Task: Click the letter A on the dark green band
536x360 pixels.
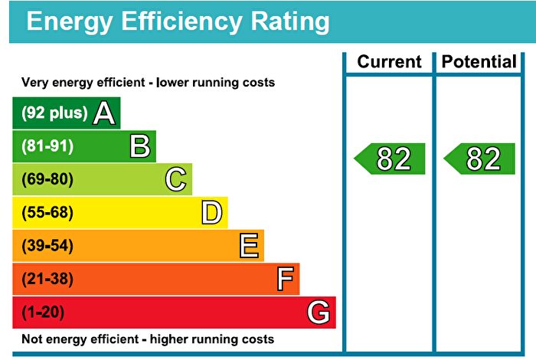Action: (104, 113)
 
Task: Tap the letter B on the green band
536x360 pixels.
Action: (139, 146)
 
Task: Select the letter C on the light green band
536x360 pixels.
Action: (175, 180)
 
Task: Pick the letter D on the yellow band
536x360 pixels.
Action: (212, 213)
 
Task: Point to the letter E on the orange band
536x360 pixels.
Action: (248, 246)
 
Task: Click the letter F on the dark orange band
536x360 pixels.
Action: (285, 280)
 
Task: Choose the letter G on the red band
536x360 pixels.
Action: (319, 313)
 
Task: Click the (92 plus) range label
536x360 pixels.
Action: (54, 113)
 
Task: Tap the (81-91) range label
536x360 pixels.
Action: (47, 146)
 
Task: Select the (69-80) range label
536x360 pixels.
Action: (47, 180)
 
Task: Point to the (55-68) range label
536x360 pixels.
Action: (47, 213)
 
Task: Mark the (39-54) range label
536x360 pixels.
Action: (47, 246)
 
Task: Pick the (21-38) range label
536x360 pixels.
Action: (47, 280)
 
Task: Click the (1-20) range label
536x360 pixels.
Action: (44, 313)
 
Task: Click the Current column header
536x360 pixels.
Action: (389, 62)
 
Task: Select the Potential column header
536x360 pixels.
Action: (480, 62)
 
